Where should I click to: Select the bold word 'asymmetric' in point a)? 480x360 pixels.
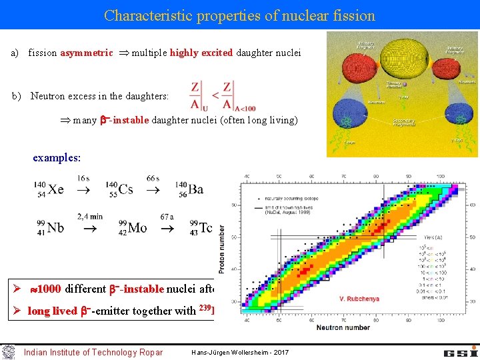(x=87, y=53)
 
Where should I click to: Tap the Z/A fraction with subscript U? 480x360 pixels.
(x=197, y=95)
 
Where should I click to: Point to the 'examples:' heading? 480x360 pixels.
(x=57, y=159)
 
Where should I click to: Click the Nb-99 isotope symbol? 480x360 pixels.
(x=49, y=227)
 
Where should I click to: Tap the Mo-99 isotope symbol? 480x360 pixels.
(x=132, y=227)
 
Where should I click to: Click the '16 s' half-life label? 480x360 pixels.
(x=83, y=178)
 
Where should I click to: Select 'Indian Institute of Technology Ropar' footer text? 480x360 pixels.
(x=93, y=352)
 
